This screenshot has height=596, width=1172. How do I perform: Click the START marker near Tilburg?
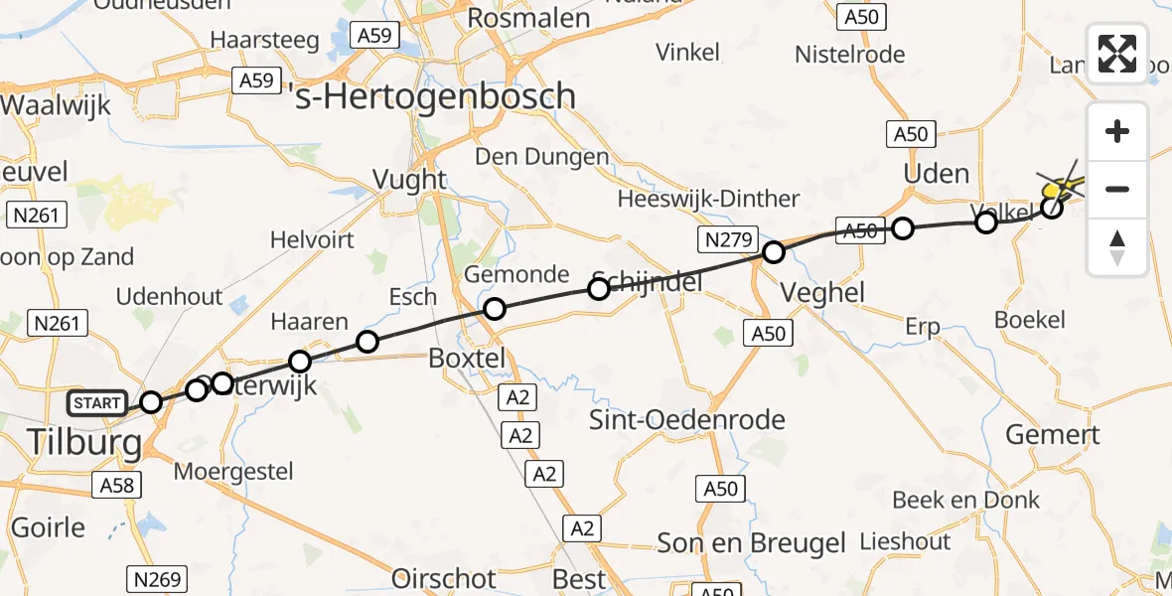coord(96,403)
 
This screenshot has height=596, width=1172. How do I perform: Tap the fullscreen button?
coord(1117,54)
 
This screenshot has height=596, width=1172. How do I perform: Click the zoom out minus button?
coord(1117,189)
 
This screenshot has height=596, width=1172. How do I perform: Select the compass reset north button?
coord(1117,247)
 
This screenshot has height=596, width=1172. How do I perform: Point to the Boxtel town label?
coord(467,358)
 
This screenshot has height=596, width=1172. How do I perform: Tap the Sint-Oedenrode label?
coord(687,418)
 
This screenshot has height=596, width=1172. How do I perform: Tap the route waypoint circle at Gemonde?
coord(494,309)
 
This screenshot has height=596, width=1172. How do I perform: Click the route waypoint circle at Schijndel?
coord(598,289)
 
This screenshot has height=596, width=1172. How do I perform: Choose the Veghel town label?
coord(822,292)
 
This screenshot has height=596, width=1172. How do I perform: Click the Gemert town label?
coord(1053,434)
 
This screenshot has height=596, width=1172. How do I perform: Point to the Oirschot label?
coord(444,578)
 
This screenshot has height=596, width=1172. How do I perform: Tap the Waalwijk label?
coord(55,105)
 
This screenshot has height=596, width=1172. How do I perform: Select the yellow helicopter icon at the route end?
coord(1061,186)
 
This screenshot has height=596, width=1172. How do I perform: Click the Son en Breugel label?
coord(751,543)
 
